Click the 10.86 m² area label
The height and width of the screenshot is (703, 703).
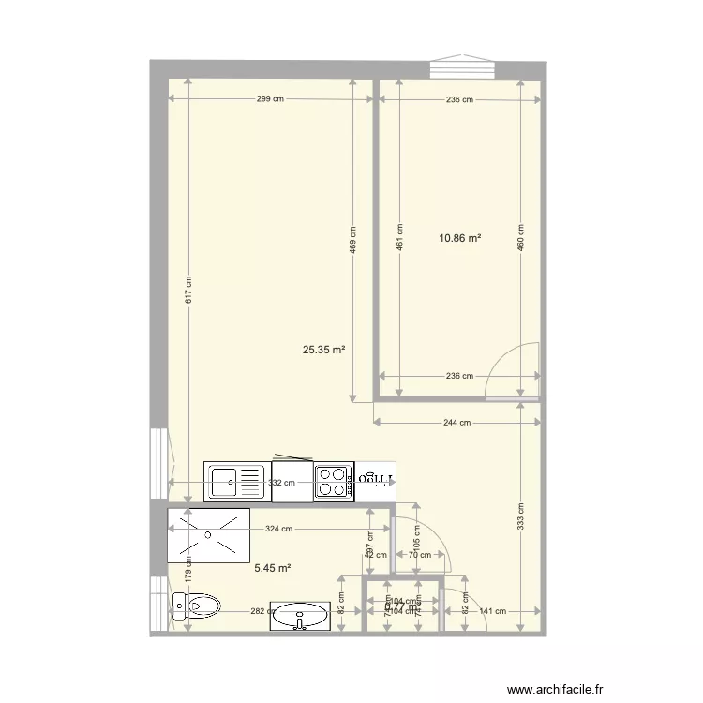pos(459,239)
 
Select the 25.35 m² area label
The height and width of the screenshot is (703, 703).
pos(323,351)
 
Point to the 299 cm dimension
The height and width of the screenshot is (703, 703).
pos(271,99)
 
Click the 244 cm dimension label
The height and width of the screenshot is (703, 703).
pos(457,423)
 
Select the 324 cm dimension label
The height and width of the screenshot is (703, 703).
pos(279,529)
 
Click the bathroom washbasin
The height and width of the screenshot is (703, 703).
pos(300,617)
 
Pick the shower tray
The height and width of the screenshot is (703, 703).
pos(208,535)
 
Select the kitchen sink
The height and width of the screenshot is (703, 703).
pos(236,482)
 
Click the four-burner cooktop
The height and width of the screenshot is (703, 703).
pos(333,482)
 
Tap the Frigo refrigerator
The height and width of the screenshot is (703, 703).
pos(377,480)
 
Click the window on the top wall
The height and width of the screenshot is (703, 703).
pos(463,68)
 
